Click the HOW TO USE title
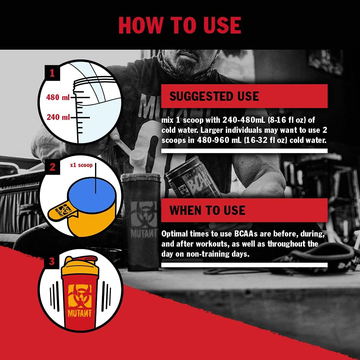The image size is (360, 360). [180, 25]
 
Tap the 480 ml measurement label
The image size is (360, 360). [58, 97]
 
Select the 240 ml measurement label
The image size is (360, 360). [58, 117]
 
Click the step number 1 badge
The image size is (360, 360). [52, 73]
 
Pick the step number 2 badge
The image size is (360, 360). [52, 167]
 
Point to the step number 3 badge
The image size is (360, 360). [51, 261]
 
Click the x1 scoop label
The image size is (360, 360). [81, 165]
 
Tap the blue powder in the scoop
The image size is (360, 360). [92, 195]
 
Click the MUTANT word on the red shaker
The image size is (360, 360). [80, 313]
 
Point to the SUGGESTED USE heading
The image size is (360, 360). [214, 96]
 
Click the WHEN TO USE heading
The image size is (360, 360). [207, 210]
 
